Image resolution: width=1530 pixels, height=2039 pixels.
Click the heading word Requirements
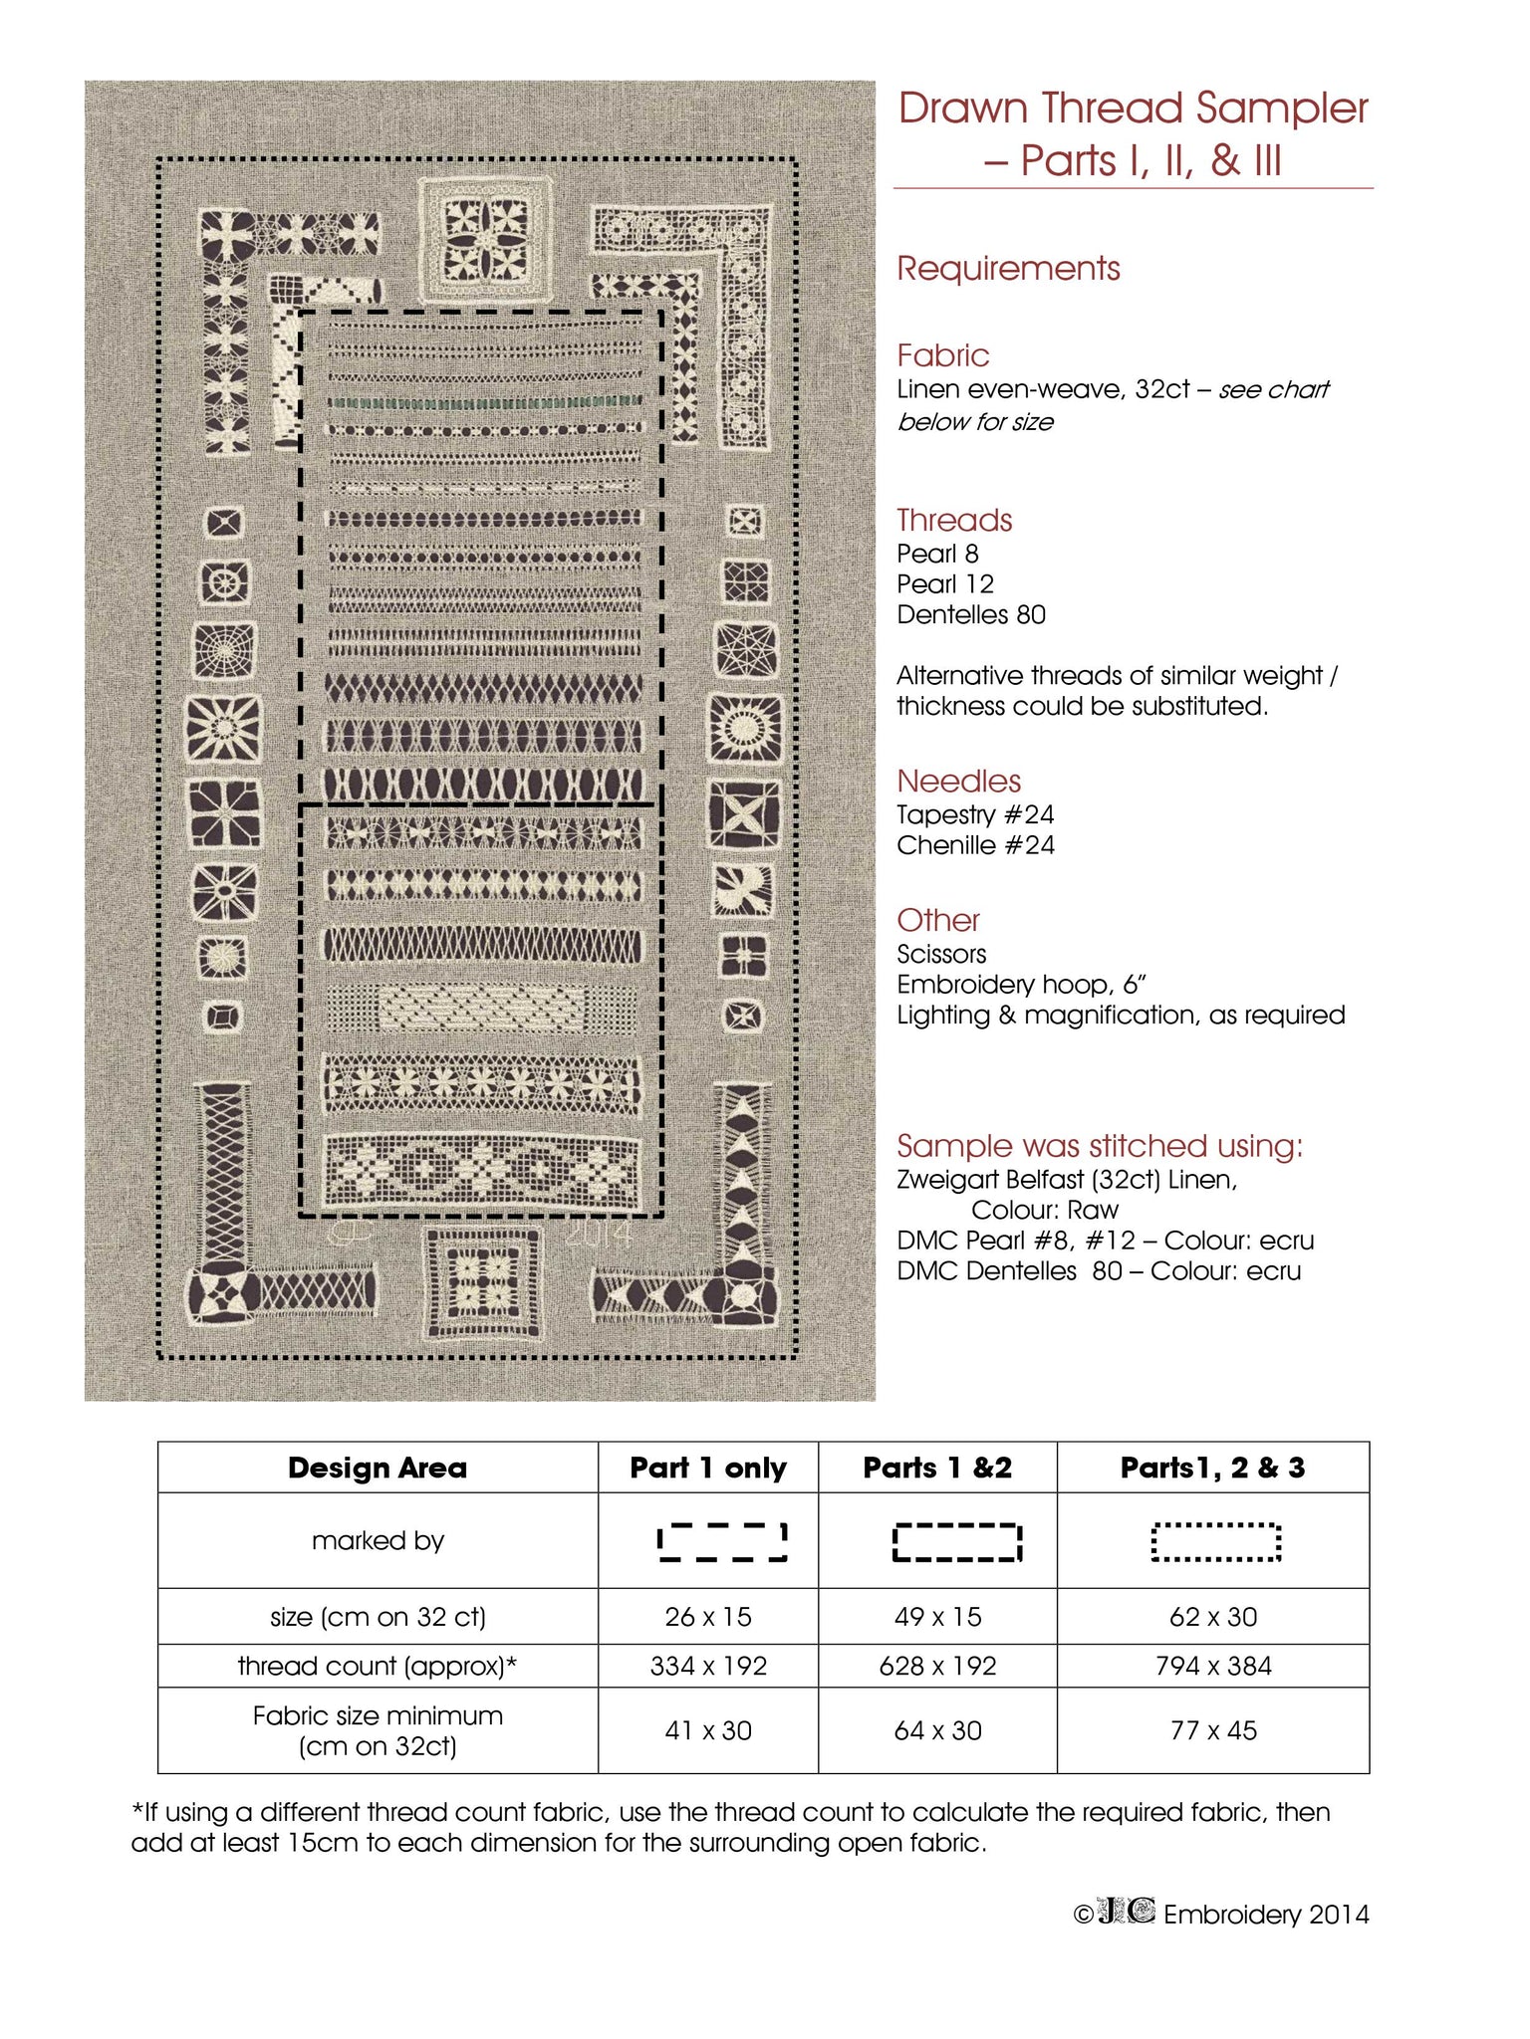1008,269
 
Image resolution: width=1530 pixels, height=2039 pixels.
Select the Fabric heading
942,355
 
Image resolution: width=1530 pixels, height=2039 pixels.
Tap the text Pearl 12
945,584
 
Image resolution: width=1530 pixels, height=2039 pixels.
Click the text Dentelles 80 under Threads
971,615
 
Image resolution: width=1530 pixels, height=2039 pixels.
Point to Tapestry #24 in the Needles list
975,815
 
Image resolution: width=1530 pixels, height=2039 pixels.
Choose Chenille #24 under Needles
975,846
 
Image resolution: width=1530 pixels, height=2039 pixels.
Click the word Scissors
941,955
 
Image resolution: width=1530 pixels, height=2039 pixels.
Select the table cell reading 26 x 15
708,1617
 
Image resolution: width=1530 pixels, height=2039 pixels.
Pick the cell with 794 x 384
1213,1667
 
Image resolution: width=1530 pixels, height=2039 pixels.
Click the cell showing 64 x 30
937,1731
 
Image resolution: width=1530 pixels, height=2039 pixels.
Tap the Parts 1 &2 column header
937,1469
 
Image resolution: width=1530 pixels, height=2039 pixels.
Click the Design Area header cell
378,1469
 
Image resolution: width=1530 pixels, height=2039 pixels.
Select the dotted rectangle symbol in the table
1215,1542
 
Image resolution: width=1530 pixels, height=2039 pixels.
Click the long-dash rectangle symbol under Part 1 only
722,1542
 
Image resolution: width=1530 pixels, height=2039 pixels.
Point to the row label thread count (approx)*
378,1667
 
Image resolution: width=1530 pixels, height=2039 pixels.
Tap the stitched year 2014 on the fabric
599,1235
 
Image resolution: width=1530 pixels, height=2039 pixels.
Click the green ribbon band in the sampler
484,402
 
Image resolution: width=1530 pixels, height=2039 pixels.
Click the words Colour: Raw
1045,1211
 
